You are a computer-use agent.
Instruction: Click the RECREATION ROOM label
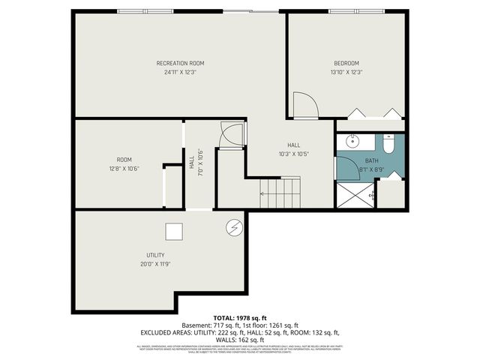(x=180, y=63)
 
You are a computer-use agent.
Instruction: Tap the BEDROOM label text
(x=346, y=63)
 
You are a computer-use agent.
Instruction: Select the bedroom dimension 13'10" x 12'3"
(x=346, y=73)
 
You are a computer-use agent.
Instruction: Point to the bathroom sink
(x=350, y=142)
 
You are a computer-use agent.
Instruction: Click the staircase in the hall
(x=280, y=193)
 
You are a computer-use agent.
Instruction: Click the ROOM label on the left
(x=124, y=159)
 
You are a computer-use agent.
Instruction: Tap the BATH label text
(x=372, y=161)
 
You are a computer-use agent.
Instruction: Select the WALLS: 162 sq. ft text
(x=240, y=339)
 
